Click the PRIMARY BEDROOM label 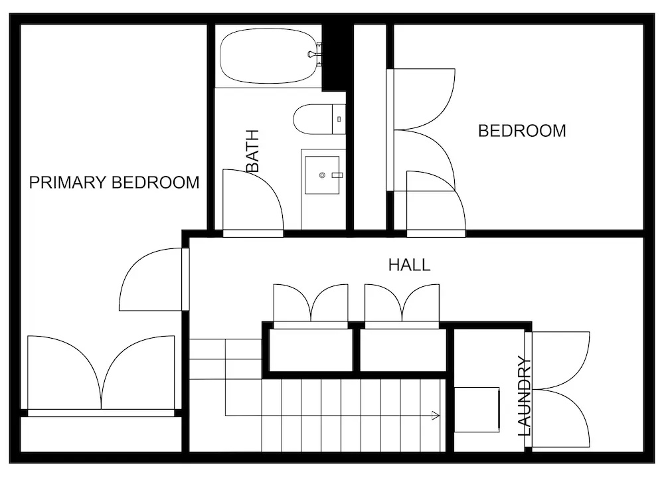pyautogui.click(x=114, y=183)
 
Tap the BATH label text pyautogui.click(x=252, y=151)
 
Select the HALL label pyautogui.click(x=410, y=265)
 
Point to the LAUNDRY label pyautogui.click(x=525, y=396)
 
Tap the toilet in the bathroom pyautogui.click(x=320, y=120)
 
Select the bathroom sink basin pyautogui.click(x=322, y=175)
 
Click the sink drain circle pyautogui.click(x=322, y=175)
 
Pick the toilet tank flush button pyautogui.click(x=339, y=120)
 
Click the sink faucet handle pyautogui.click(x=337, y=175)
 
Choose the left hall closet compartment pyautogui.click(x=311, y=350)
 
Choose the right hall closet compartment pyautogui.click(x=403, y=350)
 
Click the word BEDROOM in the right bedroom pyautogui.click(x=522, y=131)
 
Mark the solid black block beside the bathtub pyautogui.click(x=337, y=58)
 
